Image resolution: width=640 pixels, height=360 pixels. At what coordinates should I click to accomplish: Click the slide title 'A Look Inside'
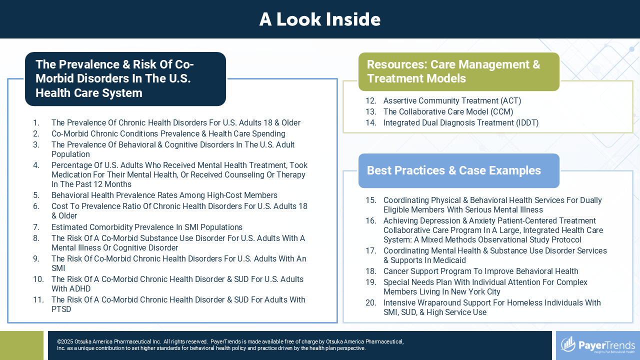click(319, 19)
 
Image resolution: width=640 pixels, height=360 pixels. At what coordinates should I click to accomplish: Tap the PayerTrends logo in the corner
click(598, 345)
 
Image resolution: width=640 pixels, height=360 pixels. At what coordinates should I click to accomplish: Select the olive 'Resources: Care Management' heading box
click(459, 71)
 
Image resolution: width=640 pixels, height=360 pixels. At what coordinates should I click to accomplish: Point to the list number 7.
click(36, 227)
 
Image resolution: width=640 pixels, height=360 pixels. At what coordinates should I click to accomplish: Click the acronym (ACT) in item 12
click(510, 101)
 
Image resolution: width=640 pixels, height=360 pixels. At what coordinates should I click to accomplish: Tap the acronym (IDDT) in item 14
click(527, 123)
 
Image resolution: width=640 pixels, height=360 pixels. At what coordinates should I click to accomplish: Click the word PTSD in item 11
click(61, 309)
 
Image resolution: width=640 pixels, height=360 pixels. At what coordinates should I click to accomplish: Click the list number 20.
click(371, 302)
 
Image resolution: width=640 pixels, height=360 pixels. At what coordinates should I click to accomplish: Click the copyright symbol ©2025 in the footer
click(65, 341)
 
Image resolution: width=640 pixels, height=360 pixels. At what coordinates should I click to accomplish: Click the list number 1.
click(36, 123)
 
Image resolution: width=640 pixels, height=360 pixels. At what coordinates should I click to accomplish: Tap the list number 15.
click(371, 200)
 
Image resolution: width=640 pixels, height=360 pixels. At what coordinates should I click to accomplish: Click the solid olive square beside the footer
click(21, 345)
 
